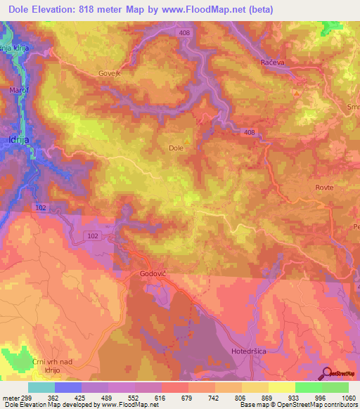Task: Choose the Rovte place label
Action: coord(324,188)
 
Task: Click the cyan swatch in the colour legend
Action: coord(41,387)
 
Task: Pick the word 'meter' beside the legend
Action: coord(10,398)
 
